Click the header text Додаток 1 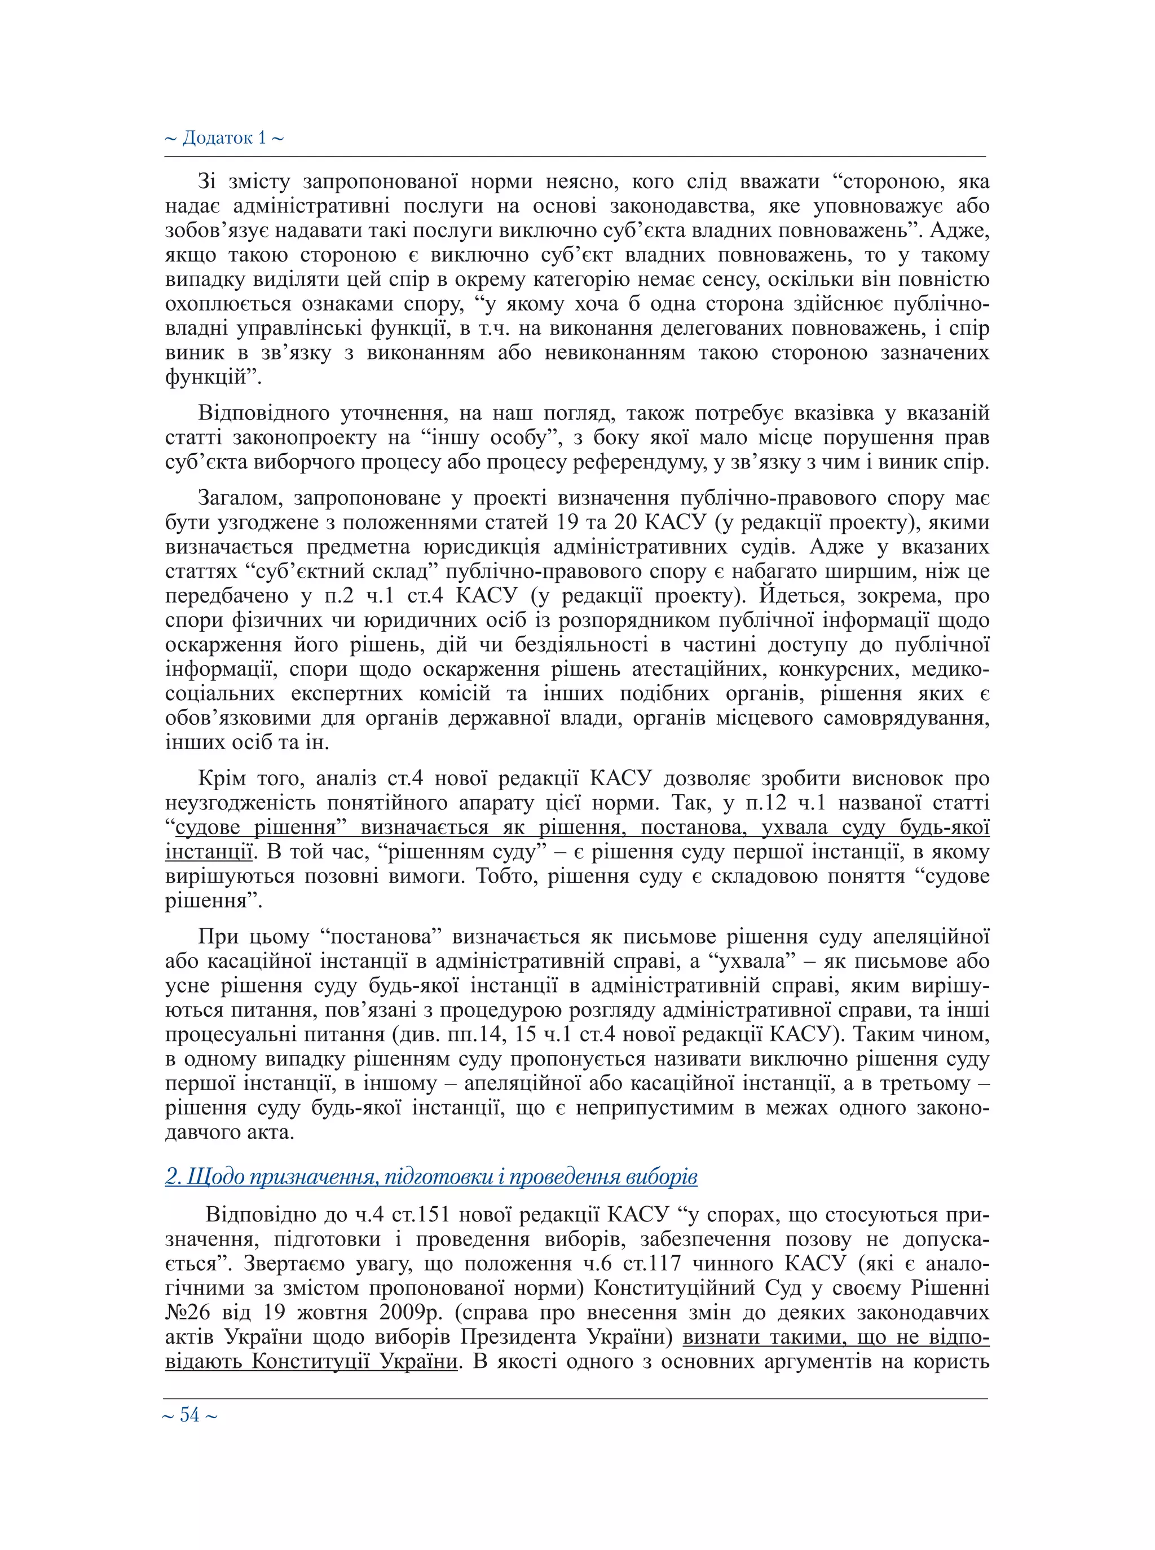point(224,138)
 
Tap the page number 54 point(189,1416)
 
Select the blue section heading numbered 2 point(431,1177)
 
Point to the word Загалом point(240,498)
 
